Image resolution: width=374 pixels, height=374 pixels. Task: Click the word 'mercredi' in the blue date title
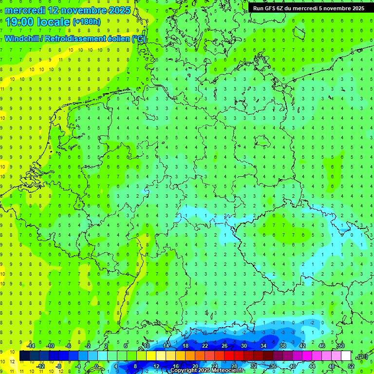pyautogui.click(x=25, y=10)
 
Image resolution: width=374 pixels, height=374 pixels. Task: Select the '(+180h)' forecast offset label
pyautogui.click(x=87, y=22)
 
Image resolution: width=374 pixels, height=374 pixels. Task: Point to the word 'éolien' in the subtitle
pyautogui.click(x=117, y=39)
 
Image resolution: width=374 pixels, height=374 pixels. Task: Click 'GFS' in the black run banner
pyautogui.click(x=271, y=8)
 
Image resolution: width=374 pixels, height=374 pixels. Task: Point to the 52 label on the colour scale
pyautogui.click(x=351, y=366)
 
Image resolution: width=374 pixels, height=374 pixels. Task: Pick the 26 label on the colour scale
pyautogui.click(x=224, y=346)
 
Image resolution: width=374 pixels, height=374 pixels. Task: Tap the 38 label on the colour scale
pyautogui.click(x=282, y=346)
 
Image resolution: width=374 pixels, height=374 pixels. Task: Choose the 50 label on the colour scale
pyautogui.click(x=341, y=346)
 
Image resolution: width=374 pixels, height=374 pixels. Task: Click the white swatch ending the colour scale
pyautogui.click(x=346, y=355)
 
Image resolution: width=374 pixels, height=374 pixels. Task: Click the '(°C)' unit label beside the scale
pyautogui.click(x=362, y=356)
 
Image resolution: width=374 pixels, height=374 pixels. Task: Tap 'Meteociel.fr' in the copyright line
pyautogui.click(x=228, y=371)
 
